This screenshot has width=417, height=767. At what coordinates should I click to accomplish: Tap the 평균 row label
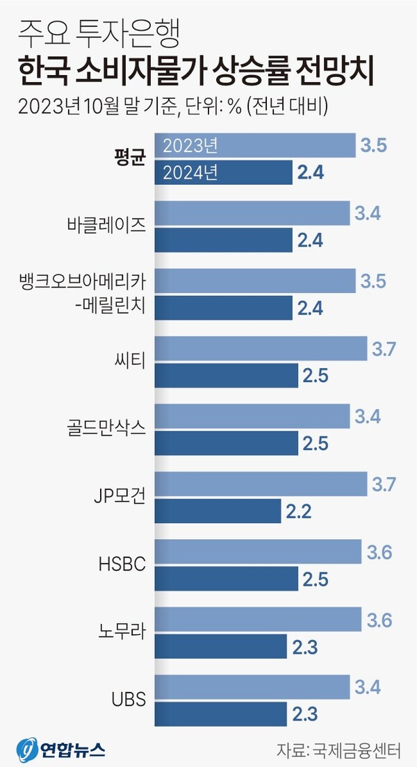[129, 158]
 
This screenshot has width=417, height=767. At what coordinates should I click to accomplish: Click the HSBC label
[123, 563]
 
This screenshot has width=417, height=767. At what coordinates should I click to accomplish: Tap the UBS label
[130, 699]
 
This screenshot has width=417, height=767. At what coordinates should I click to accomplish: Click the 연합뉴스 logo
[60, 750]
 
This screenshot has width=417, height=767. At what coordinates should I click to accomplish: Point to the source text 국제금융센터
[359, 750]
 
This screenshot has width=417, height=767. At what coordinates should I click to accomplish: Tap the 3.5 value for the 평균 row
[373, 146]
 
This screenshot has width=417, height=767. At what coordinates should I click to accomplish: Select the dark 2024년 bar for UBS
[220, 714]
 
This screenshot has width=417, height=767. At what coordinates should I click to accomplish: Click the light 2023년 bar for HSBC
[258, 552]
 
